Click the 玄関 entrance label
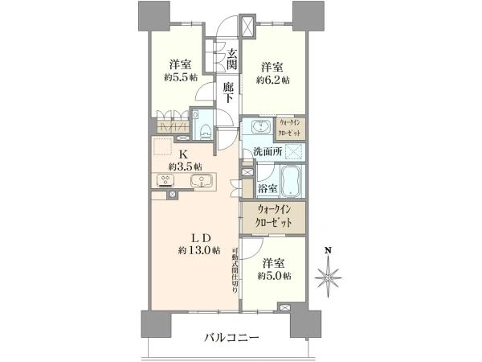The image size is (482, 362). click(232, 60)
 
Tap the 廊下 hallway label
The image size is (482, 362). click(228, 93)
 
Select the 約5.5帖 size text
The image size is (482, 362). click(181, 77)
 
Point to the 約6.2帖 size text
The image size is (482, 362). click(273, 80)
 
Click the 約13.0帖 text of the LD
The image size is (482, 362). click(199, 250)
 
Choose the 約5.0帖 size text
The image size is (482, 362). click(275, 275)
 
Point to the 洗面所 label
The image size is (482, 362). click(268, 151)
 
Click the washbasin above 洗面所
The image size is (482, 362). click(261, 126)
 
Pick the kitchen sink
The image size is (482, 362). click(202, 181)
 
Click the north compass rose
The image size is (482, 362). click(329, 277)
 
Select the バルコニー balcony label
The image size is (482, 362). click(232, 338)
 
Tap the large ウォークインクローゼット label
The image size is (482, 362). click(273, 216)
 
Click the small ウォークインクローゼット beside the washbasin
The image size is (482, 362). click(290, 128)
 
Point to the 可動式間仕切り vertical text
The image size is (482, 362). click(235, 270)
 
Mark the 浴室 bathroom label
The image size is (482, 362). click(268, 187)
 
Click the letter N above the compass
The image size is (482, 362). click(329, 250)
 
